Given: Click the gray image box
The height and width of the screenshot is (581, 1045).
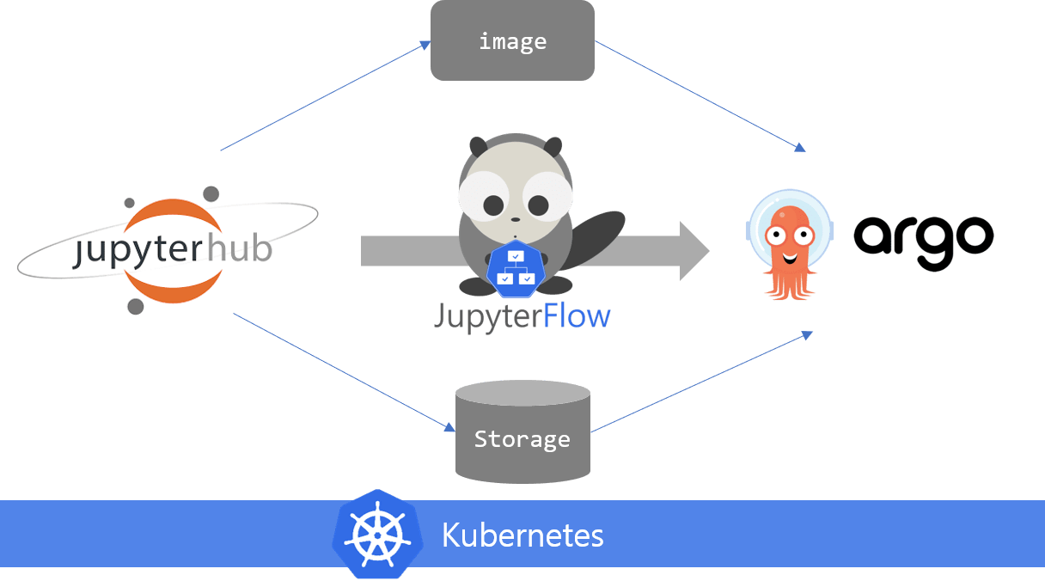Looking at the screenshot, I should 512,40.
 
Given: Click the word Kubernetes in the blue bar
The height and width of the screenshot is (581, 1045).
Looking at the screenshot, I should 522,535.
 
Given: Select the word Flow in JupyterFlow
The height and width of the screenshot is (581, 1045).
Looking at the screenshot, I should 577,316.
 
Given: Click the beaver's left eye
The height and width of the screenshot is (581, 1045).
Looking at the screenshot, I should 493,205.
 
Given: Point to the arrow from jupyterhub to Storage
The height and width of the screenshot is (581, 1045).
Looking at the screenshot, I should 344,372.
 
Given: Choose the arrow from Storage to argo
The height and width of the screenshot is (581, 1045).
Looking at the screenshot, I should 700,382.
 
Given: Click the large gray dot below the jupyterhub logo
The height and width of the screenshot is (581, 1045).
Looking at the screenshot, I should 136,306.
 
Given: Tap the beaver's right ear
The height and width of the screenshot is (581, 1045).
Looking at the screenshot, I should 552,147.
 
